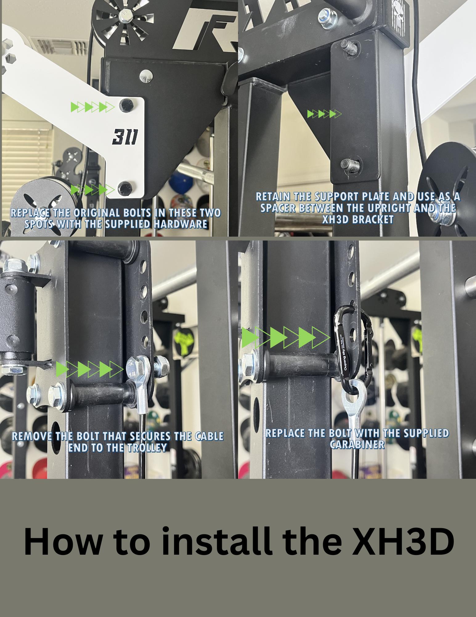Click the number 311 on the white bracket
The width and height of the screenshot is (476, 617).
click(x=125, y=136)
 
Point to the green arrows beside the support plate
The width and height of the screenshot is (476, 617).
click(x=324, y=114)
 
